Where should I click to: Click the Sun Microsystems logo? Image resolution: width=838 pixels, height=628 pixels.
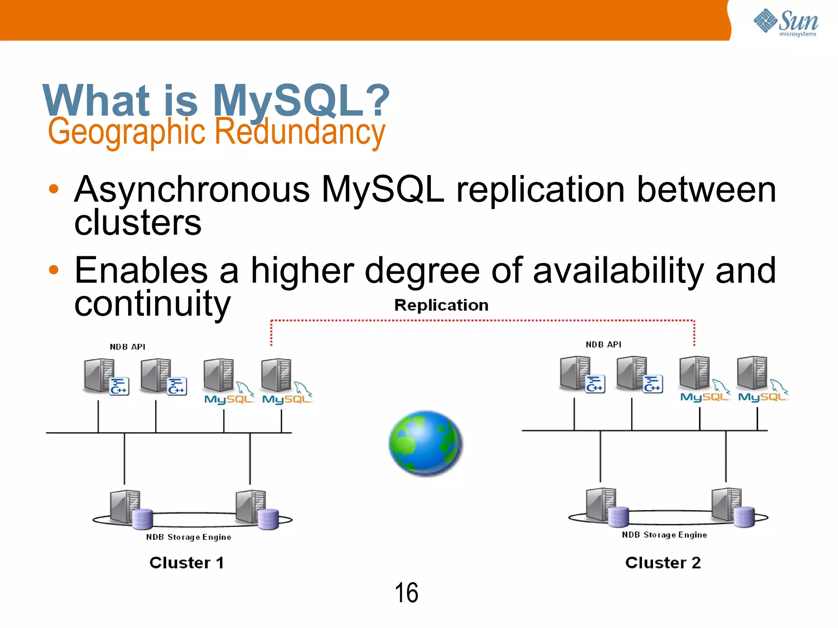[786, 22]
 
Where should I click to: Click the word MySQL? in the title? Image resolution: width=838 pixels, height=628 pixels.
[301, 100]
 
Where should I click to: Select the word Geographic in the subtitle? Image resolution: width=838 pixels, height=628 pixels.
[126, 132]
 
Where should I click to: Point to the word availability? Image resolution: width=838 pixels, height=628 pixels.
[618, 270]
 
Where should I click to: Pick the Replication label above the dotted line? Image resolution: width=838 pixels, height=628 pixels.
[441, 305]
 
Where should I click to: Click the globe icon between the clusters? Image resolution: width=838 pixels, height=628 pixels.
[426, 443]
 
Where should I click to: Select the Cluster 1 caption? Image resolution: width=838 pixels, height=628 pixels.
[187, 563]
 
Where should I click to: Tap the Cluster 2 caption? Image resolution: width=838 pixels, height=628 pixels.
[663, 563]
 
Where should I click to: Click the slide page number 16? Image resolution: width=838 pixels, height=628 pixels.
[406, 592]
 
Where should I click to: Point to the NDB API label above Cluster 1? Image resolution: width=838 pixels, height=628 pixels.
[128, 347]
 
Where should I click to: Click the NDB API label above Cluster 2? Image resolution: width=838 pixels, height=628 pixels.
[604, 345]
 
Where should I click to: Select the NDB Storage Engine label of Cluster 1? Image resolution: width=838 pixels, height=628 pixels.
[189, 537]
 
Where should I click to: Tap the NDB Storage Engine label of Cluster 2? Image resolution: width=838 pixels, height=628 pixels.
[665, 535]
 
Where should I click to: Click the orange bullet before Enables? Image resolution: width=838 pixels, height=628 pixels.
[54, 269]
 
